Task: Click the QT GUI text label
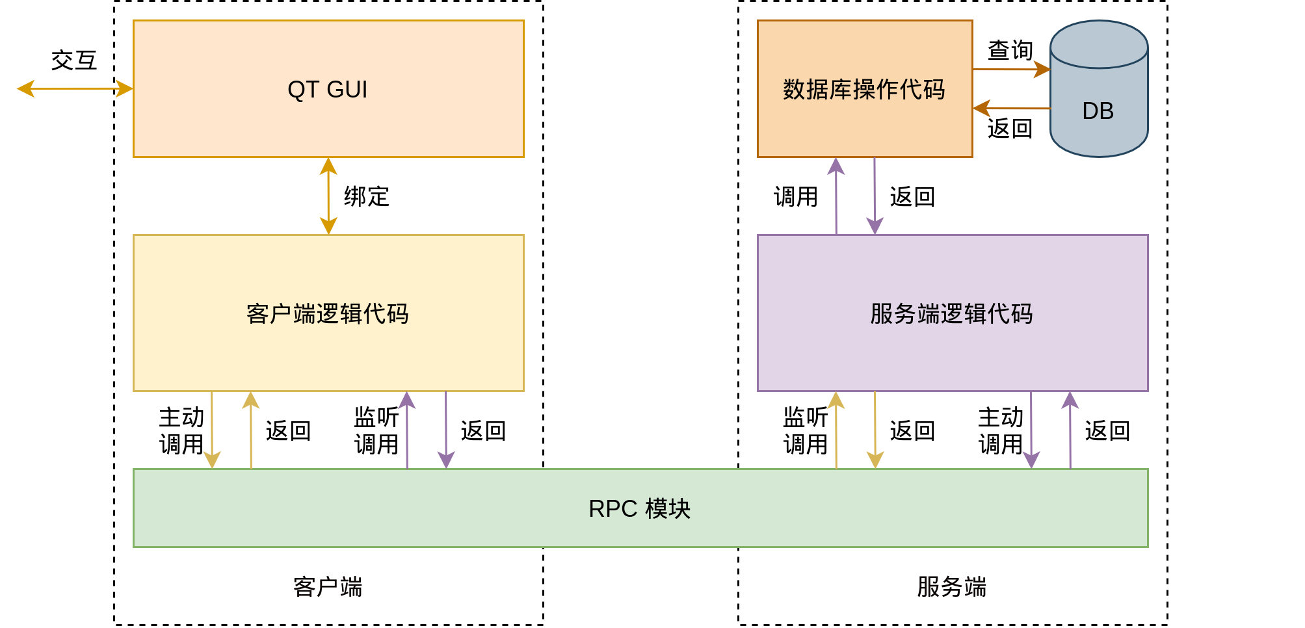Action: [328, 89]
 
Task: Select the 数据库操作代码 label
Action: [863, 89]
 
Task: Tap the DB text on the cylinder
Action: [1098, 111]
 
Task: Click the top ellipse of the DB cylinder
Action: [1099, 44]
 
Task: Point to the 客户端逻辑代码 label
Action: [328, 313]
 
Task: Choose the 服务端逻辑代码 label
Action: [951, 313]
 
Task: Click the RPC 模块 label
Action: [639, 508]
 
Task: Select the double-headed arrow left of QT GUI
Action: [75, 88]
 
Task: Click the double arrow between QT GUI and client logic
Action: [328, 196]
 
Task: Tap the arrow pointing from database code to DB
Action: [1011, 69]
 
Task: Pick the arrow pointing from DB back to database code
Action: [1011, 109]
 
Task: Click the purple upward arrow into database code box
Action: [836, 196]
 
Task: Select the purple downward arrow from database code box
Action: [875, 196]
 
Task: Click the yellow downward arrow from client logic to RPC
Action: [212, 430]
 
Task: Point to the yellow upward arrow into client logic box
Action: [251, 430]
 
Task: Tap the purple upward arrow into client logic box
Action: [407, 430]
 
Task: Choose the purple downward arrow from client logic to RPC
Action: [446, 430]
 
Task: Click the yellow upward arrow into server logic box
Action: [836, 430]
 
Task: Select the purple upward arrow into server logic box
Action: [1070, 430]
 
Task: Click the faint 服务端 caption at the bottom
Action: [952, 587]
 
